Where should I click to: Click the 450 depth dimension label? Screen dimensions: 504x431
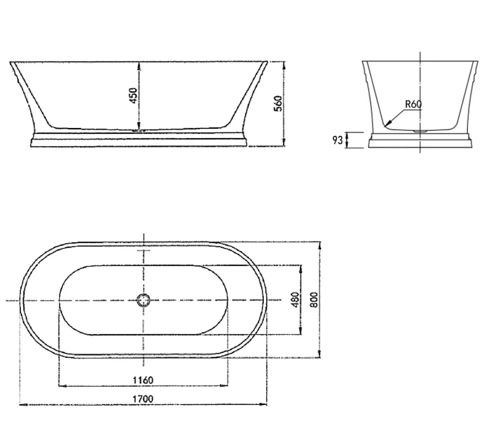[x=133, y=95]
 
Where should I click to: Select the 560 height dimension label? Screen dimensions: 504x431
[x=278, y=103]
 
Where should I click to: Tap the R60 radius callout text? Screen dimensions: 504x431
[x=413, y=104]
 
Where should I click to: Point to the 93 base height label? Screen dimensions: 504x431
[x=337, y=140]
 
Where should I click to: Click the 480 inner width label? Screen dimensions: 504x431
[x=296, y=299]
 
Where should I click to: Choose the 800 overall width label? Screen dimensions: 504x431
[x=314, y=299]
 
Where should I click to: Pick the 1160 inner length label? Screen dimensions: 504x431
[x=143, y=380]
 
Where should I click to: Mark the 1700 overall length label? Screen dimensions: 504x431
[x=143, y=399]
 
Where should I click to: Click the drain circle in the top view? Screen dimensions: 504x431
[x=143, y=300]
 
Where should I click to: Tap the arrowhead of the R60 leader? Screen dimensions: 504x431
[x=388, y=123]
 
